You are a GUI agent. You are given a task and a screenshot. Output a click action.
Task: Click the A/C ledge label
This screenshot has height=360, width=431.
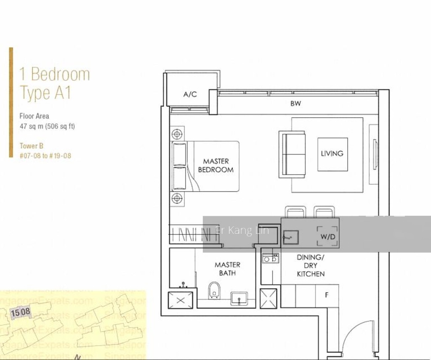(x=190, y=94)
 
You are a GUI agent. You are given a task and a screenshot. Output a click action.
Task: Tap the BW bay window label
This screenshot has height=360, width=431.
(x=295, y=103)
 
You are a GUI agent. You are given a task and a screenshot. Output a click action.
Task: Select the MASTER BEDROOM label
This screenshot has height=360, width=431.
(x=215, y=165)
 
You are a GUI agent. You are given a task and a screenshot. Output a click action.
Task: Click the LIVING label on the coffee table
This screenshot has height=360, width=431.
(x=332, y=154)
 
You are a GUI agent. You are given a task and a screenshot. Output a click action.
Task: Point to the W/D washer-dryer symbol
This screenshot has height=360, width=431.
(x=328, y=237)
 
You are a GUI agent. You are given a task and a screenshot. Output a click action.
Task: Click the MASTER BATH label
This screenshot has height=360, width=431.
(x=227, y=269)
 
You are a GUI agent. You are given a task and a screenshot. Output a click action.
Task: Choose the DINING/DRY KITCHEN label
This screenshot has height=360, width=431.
(x=311, y=265)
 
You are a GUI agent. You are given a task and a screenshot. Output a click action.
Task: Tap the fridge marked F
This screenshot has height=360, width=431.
(x=327, y=295)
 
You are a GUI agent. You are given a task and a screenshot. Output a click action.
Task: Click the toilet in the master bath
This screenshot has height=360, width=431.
(x=214, y=289)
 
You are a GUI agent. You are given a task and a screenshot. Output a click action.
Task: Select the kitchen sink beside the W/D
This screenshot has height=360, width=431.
(x=290, y=237)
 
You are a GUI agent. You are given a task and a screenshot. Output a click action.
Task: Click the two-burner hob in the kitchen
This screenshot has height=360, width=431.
(x=270, y=258)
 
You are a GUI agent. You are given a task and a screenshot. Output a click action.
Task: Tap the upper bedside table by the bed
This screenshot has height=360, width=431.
(x=176, y=134)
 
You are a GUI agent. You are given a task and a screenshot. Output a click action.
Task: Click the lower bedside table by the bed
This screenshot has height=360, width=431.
(x=176, y=198)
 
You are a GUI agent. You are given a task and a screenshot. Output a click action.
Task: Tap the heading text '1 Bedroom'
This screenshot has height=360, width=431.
(x=54, y=74)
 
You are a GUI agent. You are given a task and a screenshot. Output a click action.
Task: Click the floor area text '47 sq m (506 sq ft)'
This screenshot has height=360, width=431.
(x=47, y=126)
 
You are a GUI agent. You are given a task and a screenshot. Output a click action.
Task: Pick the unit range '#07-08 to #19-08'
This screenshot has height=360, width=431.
(x=45, y=156)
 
